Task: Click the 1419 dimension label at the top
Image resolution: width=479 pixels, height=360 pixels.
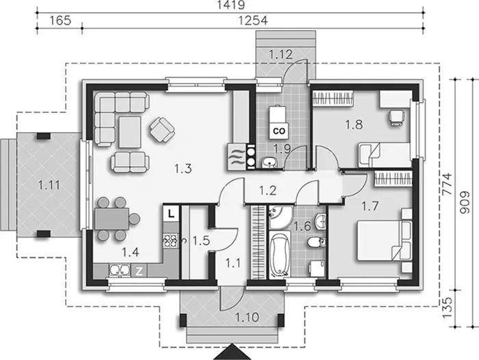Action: tap(231, 5)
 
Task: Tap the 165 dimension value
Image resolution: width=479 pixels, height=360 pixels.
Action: tap(60, 21)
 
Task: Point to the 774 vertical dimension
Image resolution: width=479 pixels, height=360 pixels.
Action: tap(447, 184)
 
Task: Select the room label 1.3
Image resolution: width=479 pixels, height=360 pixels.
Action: tap(183, 168)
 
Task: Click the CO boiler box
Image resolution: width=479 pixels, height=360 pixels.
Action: tap(279, 131)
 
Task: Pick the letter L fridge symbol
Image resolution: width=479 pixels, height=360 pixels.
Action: tap(171, 213)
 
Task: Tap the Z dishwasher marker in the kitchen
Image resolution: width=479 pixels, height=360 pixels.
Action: tap(139, 271)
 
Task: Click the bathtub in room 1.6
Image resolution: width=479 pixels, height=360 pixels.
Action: tap(279, 255)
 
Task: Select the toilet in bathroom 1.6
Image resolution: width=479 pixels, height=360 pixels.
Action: tap(315, 243)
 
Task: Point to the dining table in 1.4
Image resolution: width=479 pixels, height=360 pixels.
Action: tap(112, 219)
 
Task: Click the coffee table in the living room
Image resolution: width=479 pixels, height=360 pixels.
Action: tap(130, 132)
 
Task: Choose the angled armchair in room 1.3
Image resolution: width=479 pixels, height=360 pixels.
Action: tap(162, 130)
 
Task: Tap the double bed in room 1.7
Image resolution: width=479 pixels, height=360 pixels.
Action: tap(384, 241)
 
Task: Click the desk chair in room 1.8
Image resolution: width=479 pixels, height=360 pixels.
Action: tap(396, 117)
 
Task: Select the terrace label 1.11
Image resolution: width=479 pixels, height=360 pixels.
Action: tap(49, 185)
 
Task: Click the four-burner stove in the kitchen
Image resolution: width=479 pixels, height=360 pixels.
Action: tap(170, 241)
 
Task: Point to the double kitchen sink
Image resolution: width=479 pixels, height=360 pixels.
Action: tap(120, 270)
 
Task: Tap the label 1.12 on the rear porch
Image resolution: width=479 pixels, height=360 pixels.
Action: tap(281, 54)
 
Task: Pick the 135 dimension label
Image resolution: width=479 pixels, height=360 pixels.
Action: tap(447, 307)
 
